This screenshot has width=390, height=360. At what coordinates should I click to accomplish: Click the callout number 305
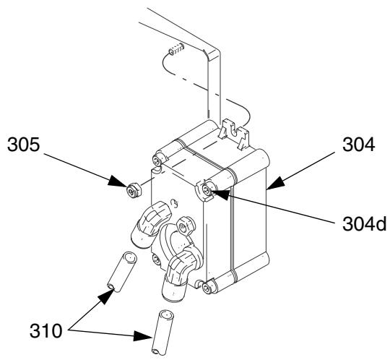23,145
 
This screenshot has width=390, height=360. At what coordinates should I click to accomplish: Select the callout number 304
358,145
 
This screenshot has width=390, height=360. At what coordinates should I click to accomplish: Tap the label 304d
364,224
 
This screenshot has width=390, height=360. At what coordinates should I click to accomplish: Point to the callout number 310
45,331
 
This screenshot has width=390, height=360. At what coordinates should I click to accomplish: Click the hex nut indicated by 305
134,190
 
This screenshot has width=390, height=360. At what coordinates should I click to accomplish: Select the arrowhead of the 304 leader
275,184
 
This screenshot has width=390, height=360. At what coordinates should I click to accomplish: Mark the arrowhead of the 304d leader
220,194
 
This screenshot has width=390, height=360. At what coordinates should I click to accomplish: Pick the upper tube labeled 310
122,272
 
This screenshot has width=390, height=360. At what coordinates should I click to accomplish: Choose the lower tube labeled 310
162,332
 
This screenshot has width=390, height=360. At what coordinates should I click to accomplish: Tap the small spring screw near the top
176,49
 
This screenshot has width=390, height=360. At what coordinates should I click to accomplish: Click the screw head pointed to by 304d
207,190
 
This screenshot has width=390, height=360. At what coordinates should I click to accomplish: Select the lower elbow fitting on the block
181,274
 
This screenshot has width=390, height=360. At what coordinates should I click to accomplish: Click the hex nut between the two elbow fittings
186,226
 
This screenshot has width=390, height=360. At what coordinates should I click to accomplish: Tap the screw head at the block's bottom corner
207,288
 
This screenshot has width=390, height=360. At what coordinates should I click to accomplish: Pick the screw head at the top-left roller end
157,160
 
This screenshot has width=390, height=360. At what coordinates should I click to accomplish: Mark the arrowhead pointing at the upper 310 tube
105,296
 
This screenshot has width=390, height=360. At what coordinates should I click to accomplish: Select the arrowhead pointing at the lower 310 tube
143,336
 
